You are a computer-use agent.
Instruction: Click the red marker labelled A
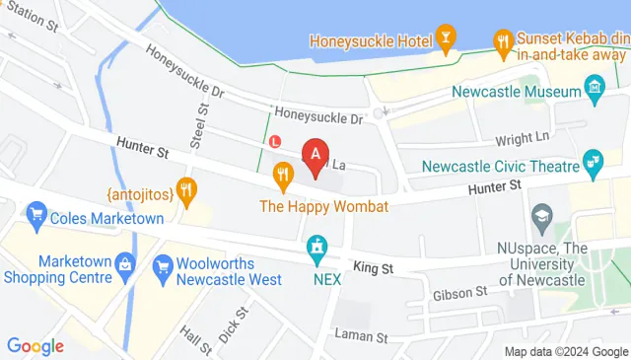(x=315, y=155)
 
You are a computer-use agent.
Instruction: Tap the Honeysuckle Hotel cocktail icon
(x=447, y=40)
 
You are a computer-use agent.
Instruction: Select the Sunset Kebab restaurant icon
(x=502, y=40)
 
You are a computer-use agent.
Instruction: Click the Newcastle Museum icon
(x=595, y=92)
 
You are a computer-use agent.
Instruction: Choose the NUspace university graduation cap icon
(x=541, y=215)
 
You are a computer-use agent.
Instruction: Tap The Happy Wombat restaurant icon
(x=284, y=178)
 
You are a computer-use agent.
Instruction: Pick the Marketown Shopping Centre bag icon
(x=125, y=264)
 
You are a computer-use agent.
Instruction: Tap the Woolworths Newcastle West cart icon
(x=159, y=264)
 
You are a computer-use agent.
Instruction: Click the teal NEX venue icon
(x=316, y=247)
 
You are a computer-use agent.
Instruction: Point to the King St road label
(x=374, y=267)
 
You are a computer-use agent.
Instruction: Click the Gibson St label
(x=459, y=292)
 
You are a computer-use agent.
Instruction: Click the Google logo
(x=35, y=345)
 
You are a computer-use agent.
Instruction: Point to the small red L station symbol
(x=276, y=141)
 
